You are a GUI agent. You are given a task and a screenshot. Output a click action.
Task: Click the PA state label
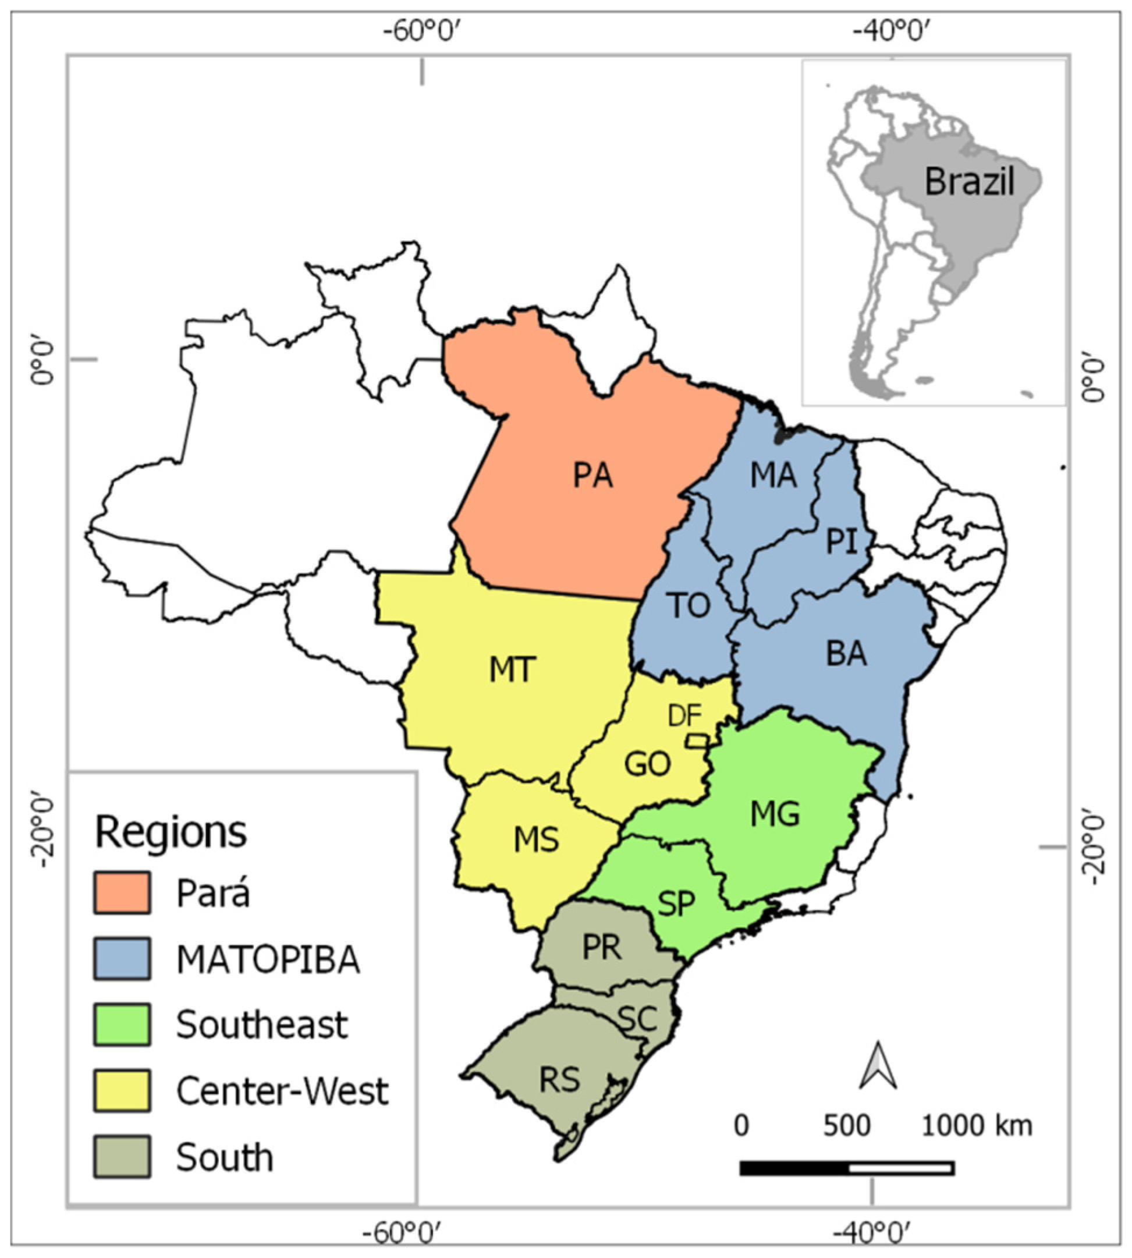(592, 476)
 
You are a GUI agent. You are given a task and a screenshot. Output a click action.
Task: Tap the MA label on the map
(773, 476)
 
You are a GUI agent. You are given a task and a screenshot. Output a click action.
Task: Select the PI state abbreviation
(841, 541)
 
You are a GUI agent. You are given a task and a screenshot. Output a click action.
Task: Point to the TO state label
(690, 605)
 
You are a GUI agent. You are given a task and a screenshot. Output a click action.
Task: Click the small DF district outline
(697, 741)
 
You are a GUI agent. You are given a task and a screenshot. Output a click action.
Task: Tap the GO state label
(647, 764)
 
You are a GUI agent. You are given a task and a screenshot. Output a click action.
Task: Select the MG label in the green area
(775, 814)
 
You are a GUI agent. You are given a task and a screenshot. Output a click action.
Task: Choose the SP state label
(676, 903)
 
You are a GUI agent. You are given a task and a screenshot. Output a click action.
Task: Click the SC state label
(638, 1019)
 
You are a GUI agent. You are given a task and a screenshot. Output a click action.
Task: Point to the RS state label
(560, 1080)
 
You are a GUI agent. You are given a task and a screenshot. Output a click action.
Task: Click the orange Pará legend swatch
(122, 893)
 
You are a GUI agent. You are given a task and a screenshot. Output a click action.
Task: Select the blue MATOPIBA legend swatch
(122, 959)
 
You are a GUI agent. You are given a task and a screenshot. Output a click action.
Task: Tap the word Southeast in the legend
(261, 1025)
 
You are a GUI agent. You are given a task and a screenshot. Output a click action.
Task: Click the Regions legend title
(171, 831)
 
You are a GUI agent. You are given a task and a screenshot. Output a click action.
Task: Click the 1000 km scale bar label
(977, 1125)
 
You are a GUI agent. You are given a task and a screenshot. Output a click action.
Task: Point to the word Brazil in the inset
(969, 182)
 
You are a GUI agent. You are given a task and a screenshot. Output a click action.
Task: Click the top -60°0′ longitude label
(423, 30)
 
